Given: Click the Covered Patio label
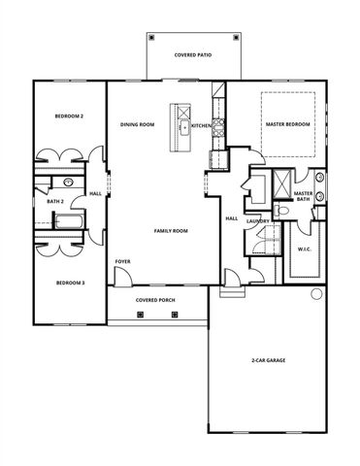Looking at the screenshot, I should tap(193, 56).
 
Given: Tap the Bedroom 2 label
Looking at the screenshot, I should tap(69, 116).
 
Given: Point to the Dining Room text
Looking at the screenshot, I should tap(138, 125).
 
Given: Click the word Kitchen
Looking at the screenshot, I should tap(202, 125).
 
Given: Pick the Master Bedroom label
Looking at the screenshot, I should tap(288, 125).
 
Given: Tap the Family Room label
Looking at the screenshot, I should tap(171, 231).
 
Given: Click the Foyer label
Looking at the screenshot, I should tap(123, 262).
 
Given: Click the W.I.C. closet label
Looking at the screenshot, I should tap(304, 250).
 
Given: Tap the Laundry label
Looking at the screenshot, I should tap(257, 221).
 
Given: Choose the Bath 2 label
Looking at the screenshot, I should tap(55, 202).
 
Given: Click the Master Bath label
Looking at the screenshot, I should tap(303, 196).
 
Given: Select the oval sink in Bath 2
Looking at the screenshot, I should tap(69, 183).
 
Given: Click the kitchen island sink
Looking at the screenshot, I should tap(182, 126).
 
